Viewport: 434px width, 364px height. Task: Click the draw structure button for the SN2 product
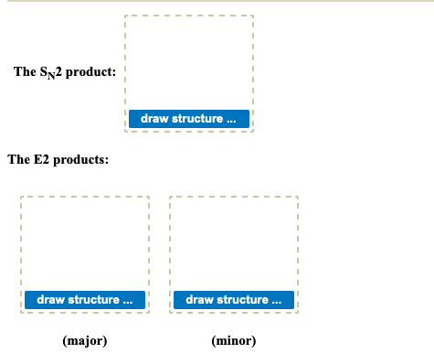(x=189, y=119)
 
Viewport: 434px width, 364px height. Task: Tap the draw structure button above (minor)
(x=233, y=300)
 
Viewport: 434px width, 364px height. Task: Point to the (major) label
(x=85, y=341)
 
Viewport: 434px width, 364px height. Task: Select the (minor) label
(x=233, y=341)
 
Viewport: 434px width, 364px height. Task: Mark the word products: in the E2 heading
(x=81, y=160)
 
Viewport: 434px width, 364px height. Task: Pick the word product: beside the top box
(x=91, y=71)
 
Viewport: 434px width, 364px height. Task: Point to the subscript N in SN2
(x=52, y=75)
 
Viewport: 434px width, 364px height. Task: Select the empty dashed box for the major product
(x=85, y=242)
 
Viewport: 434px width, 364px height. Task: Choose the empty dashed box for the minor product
(x=233, y=242)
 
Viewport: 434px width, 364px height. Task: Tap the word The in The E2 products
(x=18, y=160)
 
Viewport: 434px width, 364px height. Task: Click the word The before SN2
(x=25, y=71)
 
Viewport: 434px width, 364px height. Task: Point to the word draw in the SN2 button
(x=153, y=119)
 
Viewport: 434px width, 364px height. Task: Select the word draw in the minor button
(x=198, y=300)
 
